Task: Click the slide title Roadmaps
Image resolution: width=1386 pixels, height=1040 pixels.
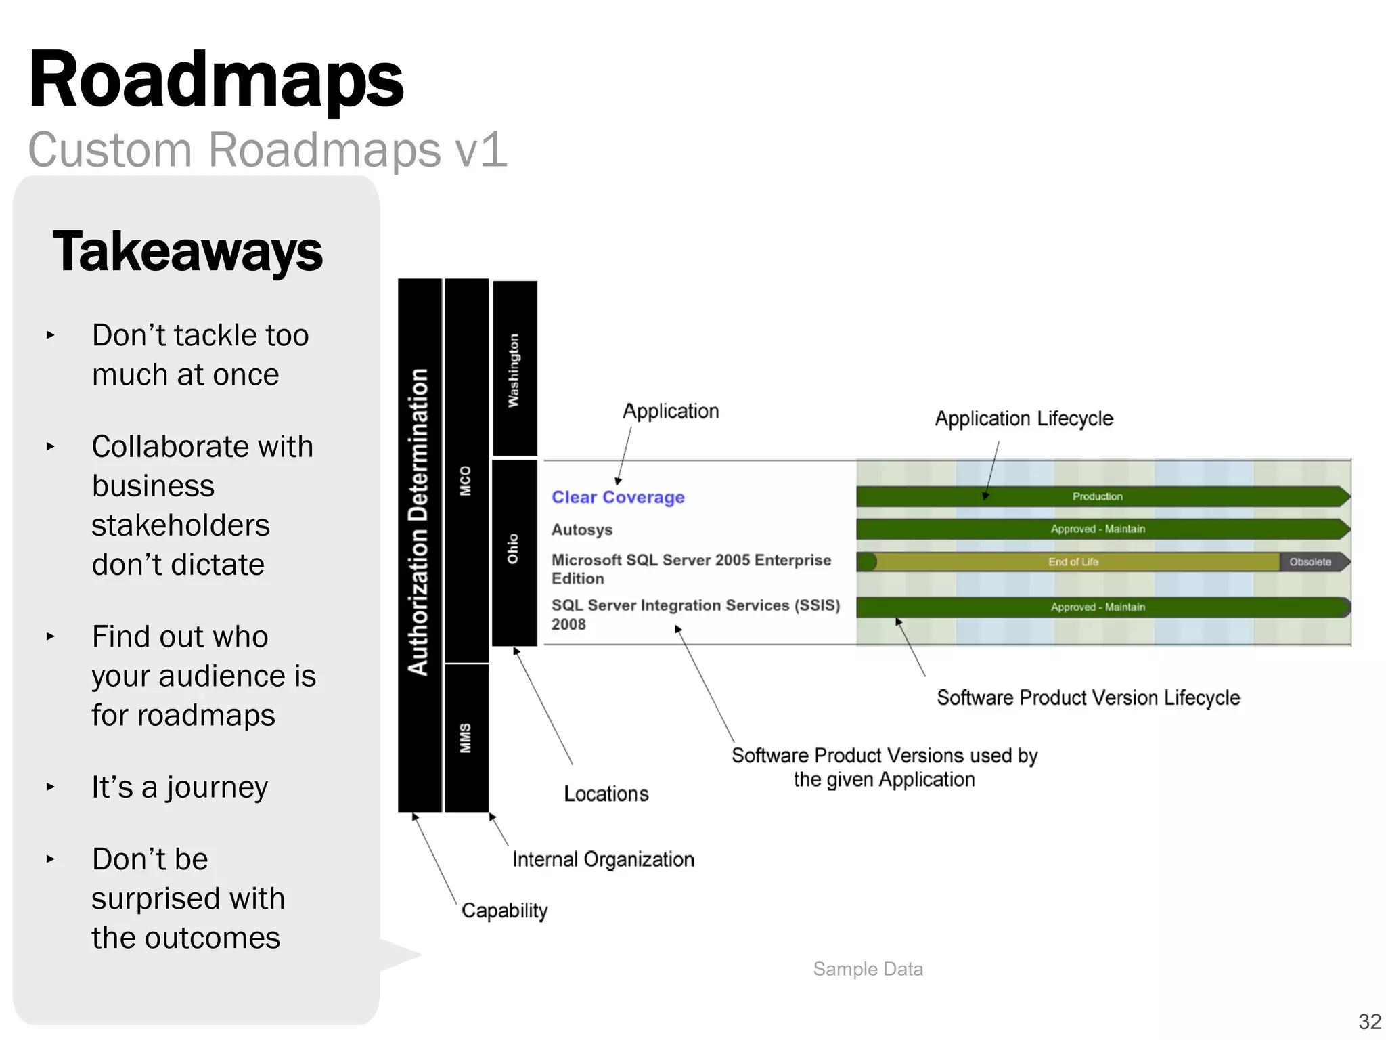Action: [215, 80]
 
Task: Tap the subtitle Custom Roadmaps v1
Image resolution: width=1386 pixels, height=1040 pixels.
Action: [267, 150]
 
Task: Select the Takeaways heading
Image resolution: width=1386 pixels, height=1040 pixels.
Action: [187, 251]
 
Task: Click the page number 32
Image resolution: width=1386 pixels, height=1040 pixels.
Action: [1369, 1021]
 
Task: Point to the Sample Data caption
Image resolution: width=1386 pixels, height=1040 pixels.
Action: [868, 969]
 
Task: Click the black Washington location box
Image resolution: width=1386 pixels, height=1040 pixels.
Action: [514, 369]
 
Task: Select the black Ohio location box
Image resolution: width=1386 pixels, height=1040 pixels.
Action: [514, 552]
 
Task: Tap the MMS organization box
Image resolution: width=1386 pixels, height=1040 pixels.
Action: [466, 738]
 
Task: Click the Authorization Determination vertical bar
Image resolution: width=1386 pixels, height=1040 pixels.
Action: [420, 545]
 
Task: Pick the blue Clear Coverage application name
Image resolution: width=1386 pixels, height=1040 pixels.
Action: [618, 497]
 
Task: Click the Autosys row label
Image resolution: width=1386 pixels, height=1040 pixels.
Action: [581, 529]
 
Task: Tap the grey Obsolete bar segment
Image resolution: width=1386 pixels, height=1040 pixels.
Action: [1310, 562]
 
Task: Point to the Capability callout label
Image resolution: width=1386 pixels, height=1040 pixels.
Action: [504, 911]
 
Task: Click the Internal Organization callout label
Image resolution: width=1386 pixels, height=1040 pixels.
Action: [603, 859]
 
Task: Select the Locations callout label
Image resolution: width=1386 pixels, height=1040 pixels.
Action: [606, 794]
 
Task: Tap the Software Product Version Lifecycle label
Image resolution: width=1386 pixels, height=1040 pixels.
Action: [1088, 697]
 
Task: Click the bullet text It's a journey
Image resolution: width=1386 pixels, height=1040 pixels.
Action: [180, 787]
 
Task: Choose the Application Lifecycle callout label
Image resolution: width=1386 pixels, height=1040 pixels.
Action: [1023, 418]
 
